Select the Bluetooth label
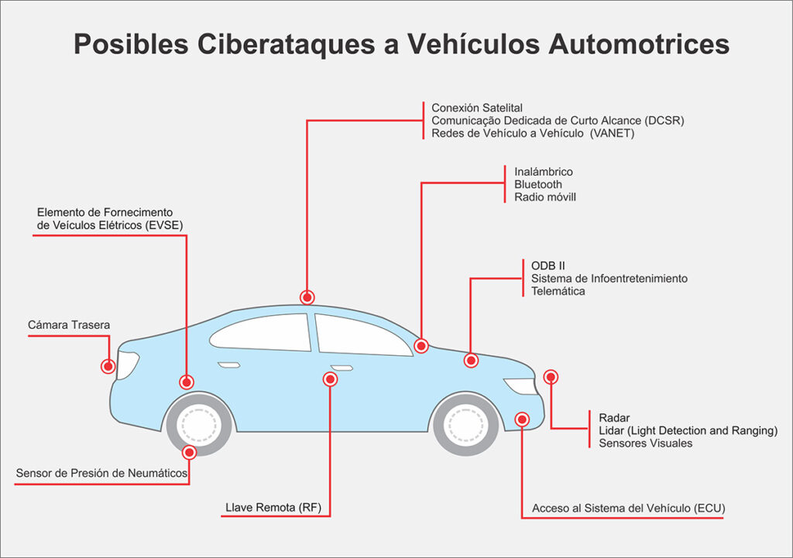click(538, 184)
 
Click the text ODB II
click(548, 265)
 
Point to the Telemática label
click(558, 291)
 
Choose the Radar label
click(614, 418)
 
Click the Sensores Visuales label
click(646, 443)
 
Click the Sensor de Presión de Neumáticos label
click(101, 473)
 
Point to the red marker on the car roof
click(307, 297)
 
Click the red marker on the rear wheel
click(189, 452)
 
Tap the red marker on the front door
click(331, 379)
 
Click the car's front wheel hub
click(465, 424)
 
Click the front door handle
click(342, 367)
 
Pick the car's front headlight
click(520, 385)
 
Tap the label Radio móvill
click(545, 197)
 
